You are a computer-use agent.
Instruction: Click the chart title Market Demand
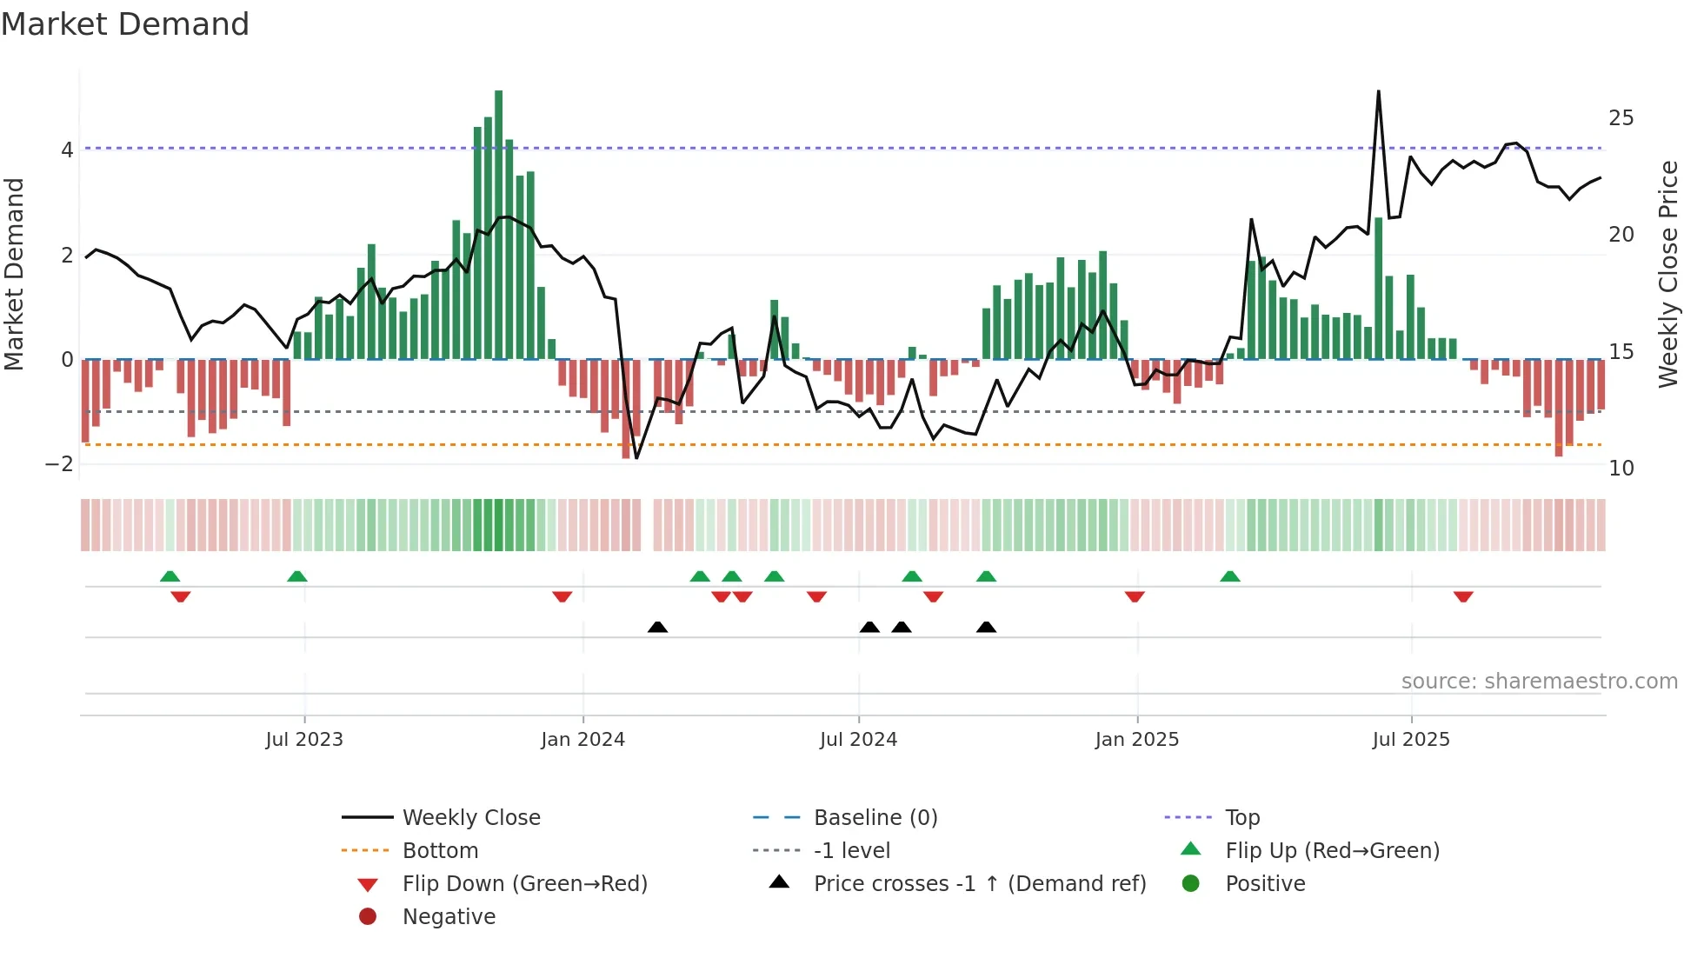point(125,24)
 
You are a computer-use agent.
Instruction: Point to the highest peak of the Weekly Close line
point(1378,91)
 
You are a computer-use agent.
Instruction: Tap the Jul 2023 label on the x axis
point(304,740)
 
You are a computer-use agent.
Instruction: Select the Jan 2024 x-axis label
point(582,740)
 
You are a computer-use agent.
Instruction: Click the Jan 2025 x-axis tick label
point(1136,740)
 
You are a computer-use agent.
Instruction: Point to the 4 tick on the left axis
point(67,150)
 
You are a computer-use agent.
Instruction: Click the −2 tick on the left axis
point(60,464)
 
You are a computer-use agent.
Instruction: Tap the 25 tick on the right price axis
point(1621,118)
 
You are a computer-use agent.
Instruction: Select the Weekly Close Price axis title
point(1667,274)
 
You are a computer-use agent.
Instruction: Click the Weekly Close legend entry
point(470,818)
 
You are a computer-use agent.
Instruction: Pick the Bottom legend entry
point(440,851)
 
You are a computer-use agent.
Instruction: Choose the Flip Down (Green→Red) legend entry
point(524,884)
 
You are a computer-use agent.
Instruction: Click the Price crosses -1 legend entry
point(979,884)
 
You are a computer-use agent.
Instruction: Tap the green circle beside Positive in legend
point(1191,884)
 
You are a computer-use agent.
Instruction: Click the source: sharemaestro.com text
point(1539,682)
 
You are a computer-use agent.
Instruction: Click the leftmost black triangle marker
point(657,627)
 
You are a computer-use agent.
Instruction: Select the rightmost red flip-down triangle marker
point(1463,596)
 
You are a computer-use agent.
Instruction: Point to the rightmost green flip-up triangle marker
point(1229,576)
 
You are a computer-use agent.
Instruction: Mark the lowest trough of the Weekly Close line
point(636,458)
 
